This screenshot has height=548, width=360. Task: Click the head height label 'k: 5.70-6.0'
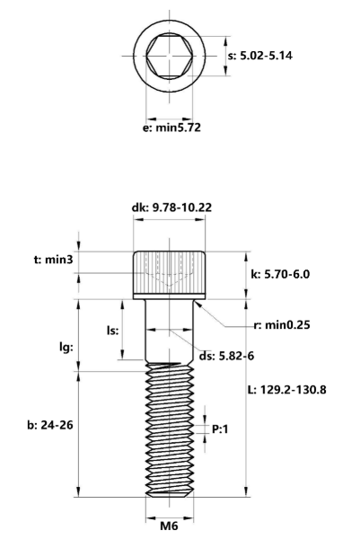pos(282,272)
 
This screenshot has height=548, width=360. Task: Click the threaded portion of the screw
pos(168,422)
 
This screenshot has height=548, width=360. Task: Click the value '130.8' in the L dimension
pos(310,391)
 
